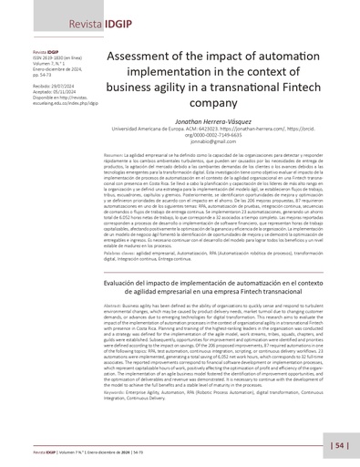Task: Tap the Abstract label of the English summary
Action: [115, 309]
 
